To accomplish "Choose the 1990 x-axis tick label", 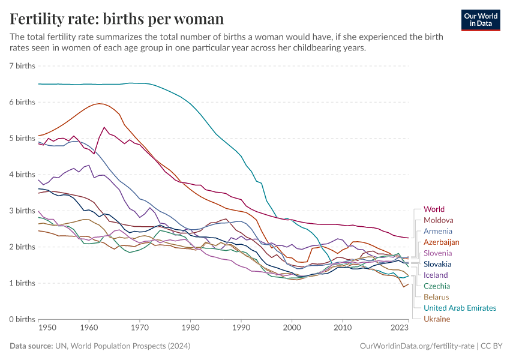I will click(241, 328).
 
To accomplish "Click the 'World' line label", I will click(434, 209).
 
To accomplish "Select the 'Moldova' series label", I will click(438, 220).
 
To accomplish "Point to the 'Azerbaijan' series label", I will click(441, 242).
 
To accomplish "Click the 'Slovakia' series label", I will click(437, 264).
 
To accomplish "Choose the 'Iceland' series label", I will click(436, 275).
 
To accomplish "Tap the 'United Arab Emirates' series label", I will click(460, 308).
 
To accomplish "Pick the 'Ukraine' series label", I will click(436, 319).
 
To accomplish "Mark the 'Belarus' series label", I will click(436, 297).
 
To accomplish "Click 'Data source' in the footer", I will click(31, 346).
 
